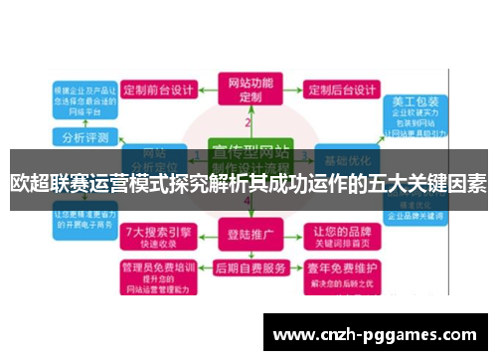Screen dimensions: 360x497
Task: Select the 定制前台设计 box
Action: [x=160, y=89]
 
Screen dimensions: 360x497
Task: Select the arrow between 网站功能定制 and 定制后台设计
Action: [x=296, y=89]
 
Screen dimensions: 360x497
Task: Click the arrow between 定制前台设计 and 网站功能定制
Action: [x=206, y=89]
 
